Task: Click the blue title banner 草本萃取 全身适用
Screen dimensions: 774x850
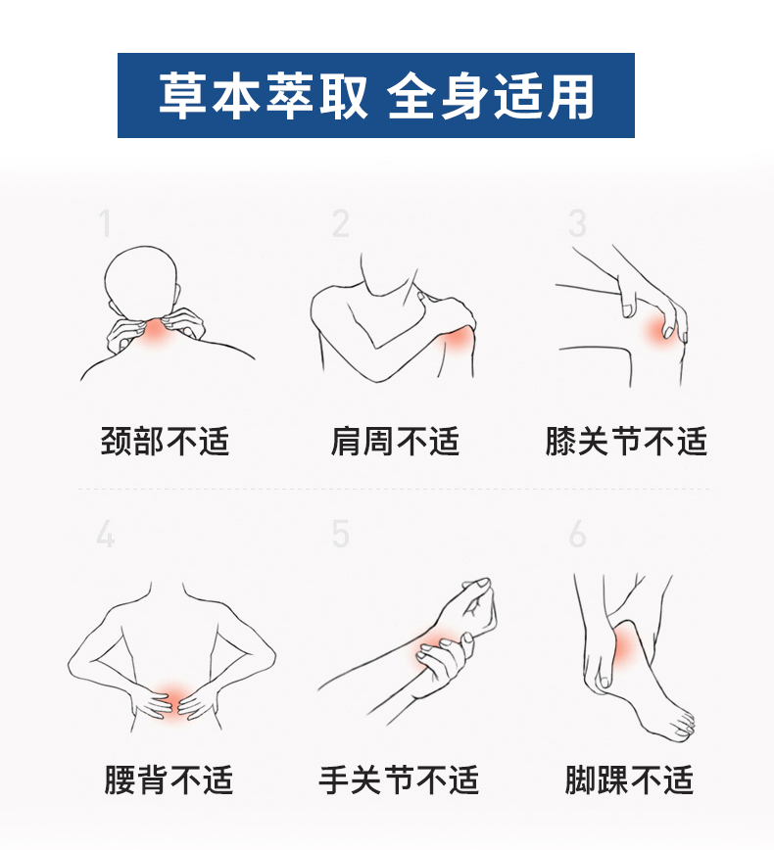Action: pyautogui.click(x=376, y=95)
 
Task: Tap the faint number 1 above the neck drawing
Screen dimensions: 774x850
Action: pyautogui.click(x=105, y=223)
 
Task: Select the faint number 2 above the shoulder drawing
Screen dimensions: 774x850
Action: pyautogui.click(x=341, y=223)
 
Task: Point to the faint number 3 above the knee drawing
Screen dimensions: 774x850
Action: pyautogui.click(x=577, y=223)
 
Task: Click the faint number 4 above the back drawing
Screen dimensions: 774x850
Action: pyautogui.click(x=106, y=534)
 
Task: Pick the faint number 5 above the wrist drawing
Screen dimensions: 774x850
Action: pyautogui.click(x=341, y=534)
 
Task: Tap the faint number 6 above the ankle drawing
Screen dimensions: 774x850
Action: pyautogui.click(x=578, y=534)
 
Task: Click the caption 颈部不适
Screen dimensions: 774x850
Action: pyautogui.click(x=165, y=441)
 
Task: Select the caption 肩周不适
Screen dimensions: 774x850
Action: pyautogui.click(x=396, y=441)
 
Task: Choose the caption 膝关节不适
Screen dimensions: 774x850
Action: pyautogui.click(x=626, y=441)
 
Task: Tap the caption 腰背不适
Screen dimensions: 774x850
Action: pyautogui.click(x=169, y=779)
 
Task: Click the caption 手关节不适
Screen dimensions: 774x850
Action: pyautogui.click(x=399, y=779)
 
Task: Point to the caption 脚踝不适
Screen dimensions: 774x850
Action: pyautogui.click(x=629, y=779)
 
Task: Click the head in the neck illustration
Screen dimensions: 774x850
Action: pyautogui.click(x=142, y=283)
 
